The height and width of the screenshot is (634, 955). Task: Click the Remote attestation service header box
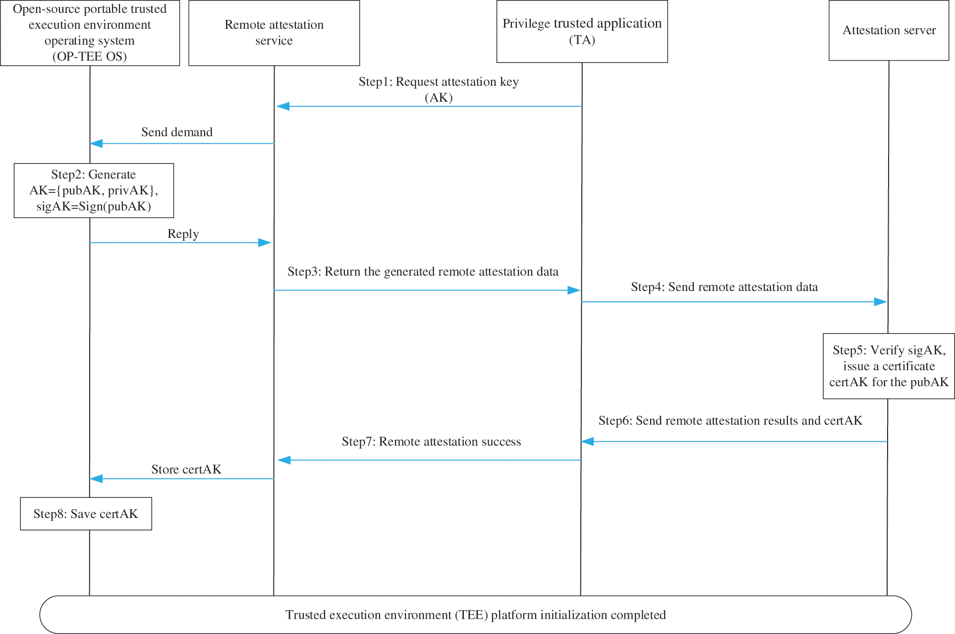pyautogui.click(x=274, y=33)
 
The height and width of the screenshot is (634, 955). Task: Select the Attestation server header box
pyautogui.click(x=889, y=31)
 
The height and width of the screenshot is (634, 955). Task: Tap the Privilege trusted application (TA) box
pyautogui.click(x=582, y=31)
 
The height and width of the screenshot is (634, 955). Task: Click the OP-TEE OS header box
pyautogui.click(x=90, y=33)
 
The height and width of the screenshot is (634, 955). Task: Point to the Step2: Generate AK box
pyautogui.click(x=94, y=190)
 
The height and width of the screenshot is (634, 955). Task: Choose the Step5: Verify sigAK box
pyautogui.click(x=889, y=366)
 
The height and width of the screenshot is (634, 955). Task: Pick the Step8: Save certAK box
pyautogui.click(x=86, y=514)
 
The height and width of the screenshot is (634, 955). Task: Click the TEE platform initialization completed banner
pyautogui.click(x=475, y=615)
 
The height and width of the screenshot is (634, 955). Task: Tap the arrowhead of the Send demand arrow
pyautogui.click(x=96, y=143)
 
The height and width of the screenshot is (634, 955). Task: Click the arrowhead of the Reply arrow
pyautogui.click(x=265, y=242)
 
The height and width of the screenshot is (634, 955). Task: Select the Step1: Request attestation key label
pyautogui.click(x=439, y=89)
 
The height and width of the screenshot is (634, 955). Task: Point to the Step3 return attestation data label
pyautogui.click(x=423, y=272)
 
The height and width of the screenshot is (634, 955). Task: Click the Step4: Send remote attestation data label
pyautogui.click(x=724, y=287)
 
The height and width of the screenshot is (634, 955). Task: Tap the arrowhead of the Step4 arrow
pyautogui.click(x=881, y=302)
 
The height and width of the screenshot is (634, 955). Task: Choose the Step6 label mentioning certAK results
pyautogui.click(x=730, y=421)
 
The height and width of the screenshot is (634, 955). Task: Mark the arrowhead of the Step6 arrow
pyautogui.click(x=587, y=441)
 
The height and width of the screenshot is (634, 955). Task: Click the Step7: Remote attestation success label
pyautogui.click(x=431, y=442)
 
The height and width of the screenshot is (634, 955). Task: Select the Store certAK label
pyautogui.click(x=186, y=469)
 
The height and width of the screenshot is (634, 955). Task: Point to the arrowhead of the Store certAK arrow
pyautogui.click(x=96, y=478)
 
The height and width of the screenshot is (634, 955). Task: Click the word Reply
pyautogui.click(x=183, y=234)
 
